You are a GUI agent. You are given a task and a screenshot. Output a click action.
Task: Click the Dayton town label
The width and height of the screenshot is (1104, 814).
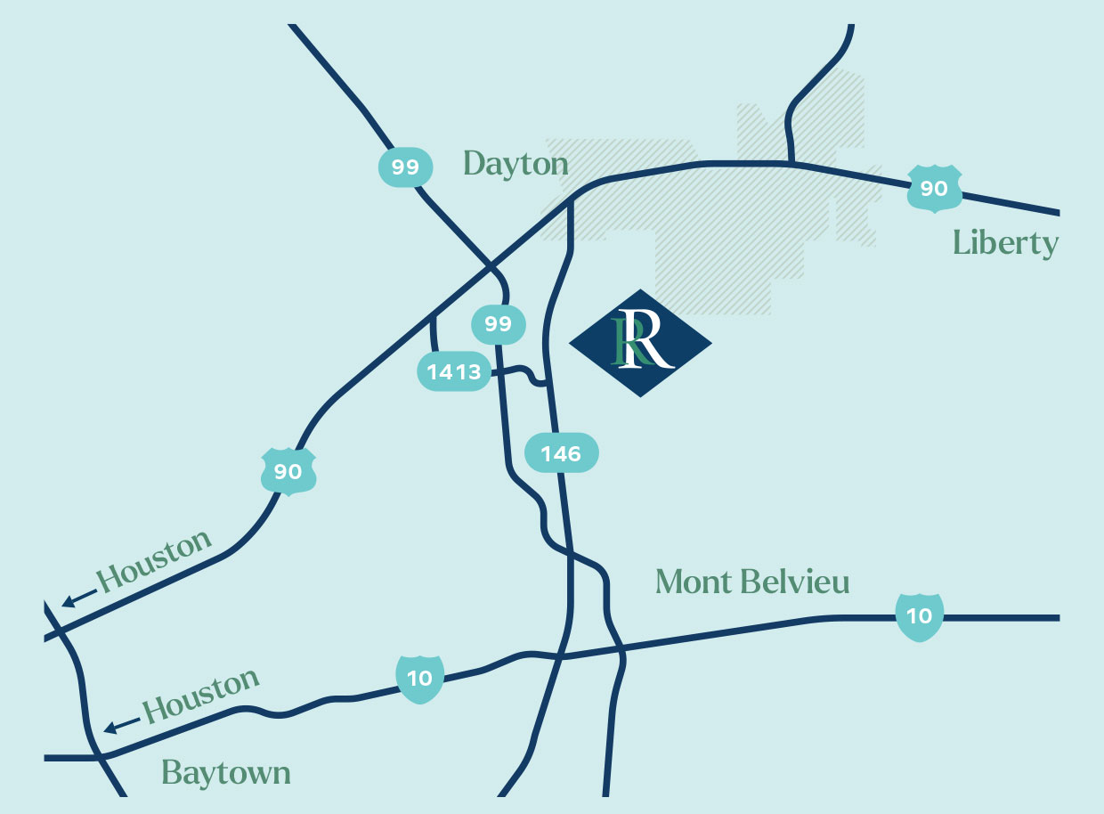coord(515,164)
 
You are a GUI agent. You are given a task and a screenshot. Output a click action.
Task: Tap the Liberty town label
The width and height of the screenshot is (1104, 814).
coord(1005,243)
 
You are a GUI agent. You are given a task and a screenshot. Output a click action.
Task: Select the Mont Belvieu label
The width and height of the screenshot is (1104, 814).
coord(752,582)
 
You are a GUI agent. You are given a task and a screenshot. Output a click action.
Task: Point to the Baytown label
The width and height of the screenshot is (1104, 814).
coord(226,773)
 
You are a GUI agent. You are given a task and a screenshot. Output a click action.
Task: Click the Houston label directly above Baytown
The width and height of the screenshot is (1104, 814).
coord(201,696)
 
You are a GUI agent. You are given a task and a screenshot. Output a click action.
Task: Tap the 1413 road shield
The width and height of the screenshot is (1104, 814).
coord(455,371)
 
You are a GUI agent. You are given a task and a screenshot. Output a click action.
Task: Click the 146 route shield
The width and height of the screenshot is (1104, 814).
coord(561,453)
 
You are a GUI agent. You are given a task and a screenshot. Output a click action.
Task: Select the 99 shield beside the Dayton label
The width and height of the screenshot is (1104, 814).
coord(405,167)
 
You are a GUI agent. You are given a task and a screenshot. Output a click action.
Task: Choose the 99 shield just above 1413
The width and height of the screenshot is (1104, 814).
coord(499,323)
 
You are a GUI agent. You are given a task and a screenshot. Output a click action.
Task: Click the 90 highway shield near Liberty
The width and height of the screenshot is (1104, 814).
coord(934,188)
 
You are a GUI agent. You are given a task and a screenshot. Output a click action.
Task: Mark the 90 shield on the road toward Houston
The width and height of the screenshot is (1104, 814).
coord(288,471)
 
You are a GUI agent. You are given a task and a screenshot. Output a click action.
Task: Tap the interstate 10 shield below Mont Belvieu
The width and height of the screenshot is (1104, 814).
coord(919,615)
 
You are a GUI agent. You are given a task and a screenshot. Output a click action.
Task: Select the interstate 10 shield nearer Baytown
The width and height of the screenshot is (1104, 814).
coord(419,678)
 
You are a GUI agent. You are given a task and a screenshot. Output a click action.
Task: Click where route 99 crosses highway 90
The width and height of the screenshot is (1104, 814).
coord(490,265)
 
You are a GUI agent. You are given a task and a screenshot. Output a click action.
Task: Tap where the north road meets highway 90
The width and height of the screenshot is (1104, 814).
coord(791,163)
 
